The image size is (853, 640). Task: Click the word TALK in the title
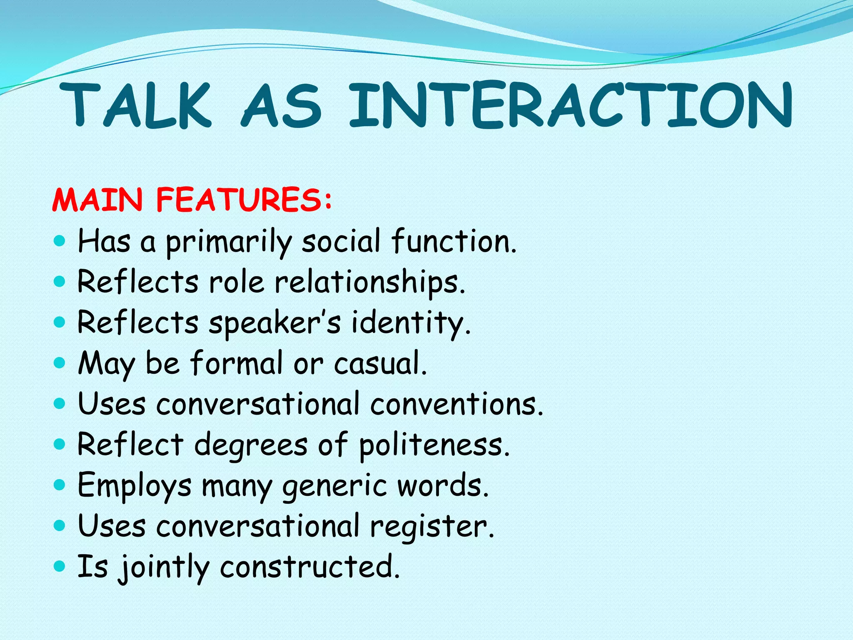135,105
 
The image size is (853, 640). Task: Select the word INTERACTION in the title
571,105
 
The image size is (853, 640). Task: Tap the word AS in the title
282,105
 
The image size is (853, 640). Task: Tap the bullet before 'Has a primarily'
60,241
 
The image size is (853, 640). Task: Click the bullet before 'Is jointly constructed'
60,566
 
